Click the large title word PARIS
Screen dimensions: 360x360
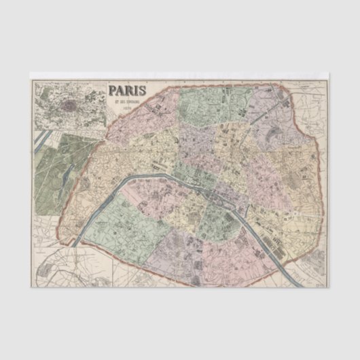tap(129, 92)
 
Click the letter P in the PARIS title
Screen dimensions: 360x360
tap(113, 92)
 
